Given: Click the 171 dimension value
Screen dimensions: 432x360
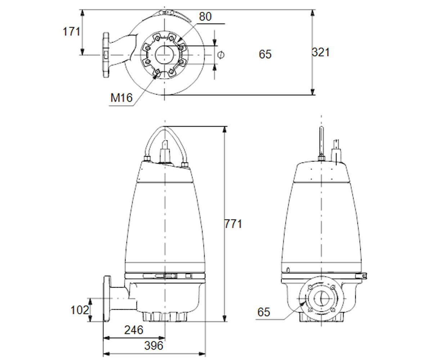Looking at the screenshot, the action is point(71,32).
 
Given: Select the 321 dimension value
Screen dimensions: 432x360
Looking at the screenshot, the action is point(321,52).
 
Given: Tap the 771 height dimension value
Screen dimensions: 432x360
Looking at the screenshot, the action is point(233,224).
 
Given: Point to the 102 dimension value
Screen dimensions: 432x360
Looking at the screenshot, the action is point(80,310).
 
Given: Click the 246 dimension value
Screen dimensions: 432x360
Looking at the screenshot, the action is point(134,330).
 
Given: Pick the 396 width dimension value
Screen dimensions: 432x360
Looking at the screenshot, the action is point(153,346).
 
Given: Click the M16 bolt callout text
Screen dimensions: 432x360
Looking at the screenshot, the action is point(121,98).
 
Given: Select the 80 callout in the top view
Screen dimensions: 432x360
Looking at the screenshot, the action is point(205,17).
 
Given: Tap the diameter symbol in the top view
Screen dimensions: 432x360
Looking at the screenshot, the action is point(221,55).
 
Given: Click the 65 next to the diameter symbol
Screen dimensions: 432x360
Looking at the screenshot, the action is point(265,54).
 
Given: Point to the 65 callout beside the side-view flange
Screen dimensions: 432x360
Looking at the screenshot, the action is point(264,312).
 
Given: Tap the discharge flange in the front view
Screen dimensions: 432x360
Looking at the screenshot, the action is point(107,299).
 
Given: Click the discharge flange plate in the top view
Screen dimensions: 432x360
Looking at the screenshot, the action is point(106,55).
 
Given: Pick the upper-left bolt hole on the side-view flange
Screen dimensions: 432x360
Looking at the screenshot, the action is point(310,287).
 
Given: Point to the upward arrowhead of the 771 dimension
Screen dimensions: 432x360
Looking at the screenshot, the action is point(225,130).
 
